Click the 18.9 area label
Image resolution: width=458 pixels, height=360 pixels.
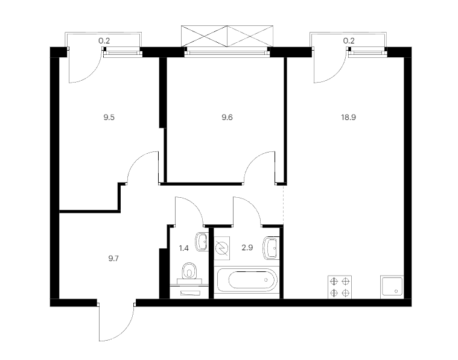pos(348,118)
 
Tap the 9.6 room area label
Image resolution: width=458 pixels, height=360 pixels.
pos(227,118)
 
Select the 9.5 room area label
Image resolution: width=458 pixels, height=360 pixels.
pos(109,118)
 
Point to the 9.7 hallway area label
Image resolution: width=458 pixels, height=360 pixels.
pos(113,259)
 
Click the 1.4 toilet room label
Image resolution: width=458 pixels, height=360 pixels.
pos(183,248)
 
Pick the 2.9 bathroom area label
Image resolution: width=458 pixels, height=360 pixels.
pos(247,248)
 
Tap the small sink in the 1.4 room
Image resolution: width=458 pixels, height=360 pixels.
pos(202,241)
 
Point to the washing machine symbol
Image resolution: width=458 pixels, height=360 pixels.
pos(221,248)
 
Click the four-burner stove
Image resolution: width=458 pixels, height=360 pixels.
pos(340,287)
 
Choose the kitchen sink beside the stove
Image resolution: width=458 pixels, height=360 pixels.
pos(392,287)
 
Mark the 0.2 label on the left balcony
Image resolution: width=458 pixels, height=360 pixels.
pos(104,41)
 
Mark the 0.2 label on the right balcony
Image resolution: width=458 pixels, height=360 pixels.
pos(349,41)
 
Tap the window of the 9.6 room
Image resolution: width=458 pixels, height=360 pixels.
pos(227,53)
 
